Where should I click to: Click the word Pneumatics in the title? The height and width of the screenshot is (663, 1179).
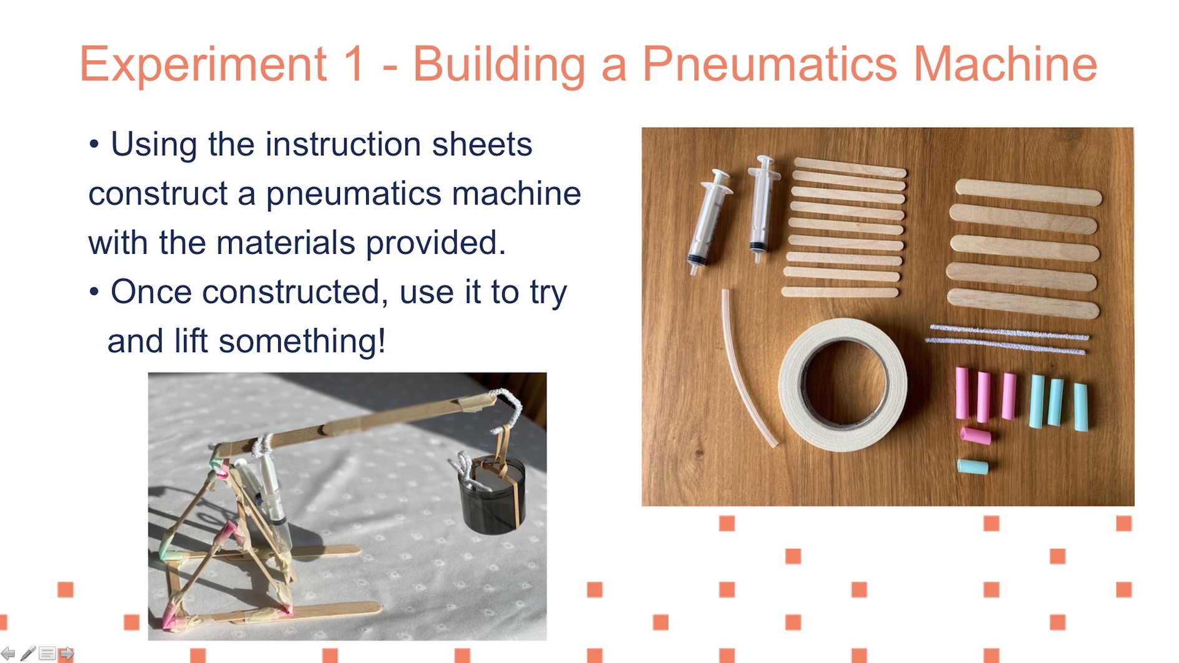click(x=770, y=64)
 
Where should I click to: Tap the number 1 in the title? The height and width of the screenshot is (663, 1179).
click(x=353, y=64)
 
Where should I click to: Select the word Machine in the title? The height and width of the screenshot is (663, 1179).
click(x=1006, y=64)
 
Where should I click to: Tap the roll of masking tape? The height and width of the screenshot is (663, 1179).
click(x=842, y=385)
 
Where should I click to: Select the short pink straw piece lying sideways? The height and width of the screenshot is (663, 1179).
click(x=975, y=435)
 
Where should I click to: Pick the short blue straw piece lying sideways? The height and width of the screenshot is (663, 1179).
click(x=973, y=467)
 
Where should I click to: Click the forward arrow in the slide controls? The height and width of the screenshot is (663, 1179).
click(x=66, y=654)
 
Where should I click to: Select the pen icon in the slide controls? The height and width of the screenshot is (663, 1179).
click(x=28, y=653)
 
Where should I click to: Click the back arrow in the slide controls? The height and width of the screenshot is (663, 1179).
click(x=7, y=653)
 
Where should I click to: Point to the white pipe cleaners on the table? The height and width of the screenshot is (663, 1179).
click(x=1006, y=339)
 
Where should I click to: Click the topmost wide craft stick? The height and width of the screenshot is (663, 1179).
click(x=1028, y=191)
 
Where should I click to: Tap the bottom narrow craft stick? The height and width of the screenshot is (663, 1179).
click(x=840, y=291)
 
